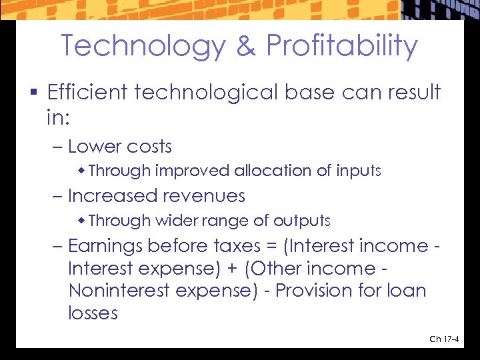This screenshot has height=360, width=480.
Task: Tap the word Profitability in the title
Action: click(x=342, y=46)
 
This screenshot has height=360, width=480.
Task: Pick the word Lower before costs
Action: click(x=93, y=147)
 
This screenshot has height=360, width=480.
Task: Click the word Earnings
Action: click(x=105, y=246)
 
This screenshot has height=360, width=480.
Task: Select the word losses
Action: click(x=93, y=313)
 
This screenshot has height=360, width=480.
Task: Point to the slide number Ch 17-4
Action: click(x=443, y=339)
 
